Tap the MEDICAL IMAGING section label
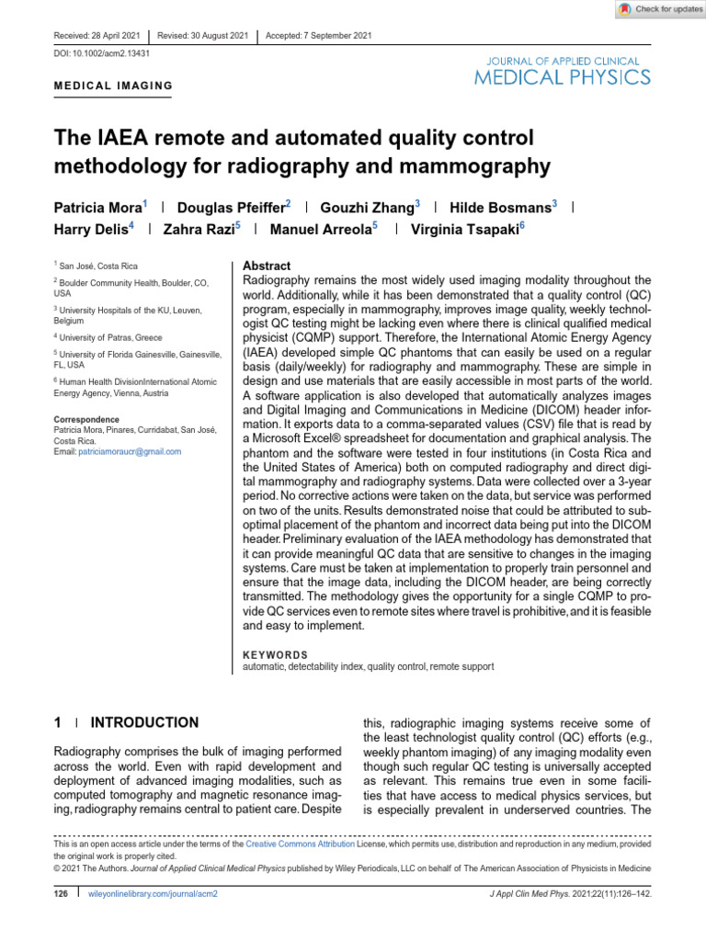[x=114, y=86]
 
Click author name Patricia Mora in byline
[x=98, y=208]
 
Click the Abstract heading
[x=266, y=265]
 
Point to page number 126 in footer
[x=63, y=892]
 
